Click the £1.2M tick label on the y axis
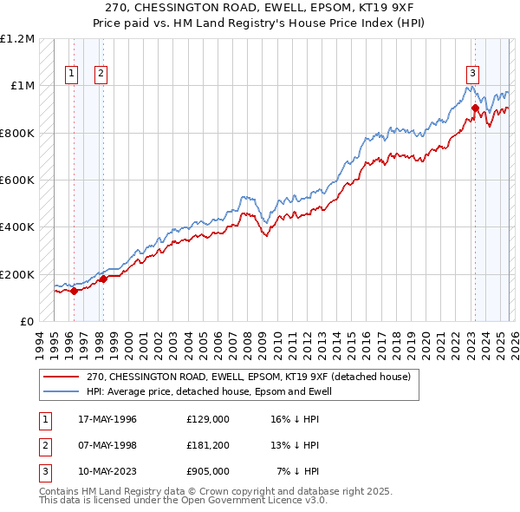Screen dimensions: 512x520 click(x=17, y=39)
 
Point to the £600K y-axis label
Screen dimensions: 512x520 click(x=17, y=181)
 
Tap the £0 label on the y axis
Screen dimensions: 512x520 click(x=26, y=321)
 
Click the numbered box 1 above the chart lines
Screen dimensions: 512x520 click(x=71, y=74)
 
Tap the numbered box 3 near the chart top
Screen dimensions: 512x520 click(x=473, y=74)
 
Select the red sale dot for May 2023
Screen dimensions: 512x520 click(x=475, y=108)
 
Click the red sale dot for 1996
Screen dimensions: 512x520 click(x=74, y=291)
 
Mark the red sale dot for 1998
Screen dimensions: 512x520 click(x=103, y=279)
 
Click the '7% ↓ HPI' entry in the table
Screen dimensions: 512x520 click(x=298, y=471)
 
